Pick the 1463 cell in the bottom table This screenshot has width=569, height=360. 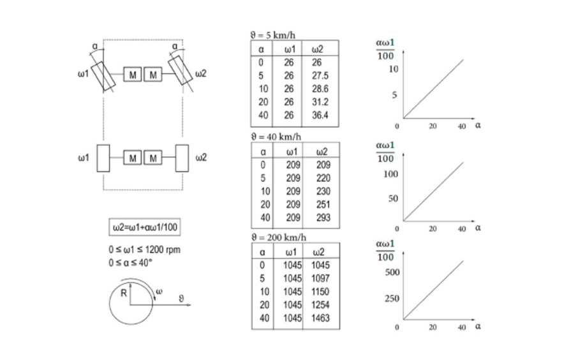tap(321, 317)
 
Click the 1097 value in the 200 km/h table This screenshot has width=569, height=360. tap(321, 279)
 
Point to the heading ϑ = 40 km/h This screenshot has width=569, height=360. tap(276, 136)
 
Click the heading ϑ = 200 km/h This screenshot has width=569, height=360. tap(278, 237)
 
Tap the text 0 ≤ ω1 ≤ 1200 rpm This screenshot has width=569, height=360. tap(144, 250)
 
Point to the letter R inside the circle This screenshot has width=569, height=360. tap(124, 294)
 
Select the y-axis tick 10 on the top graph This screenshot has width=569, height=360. tap(393, 68)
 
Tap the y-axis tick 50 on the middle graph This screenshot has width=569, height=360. tap(393, 199)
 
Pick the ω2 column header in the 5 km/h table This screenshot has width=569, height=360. tap(318, 49)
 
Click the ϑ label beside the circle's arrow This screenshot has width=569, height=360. tap(181, 298)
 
